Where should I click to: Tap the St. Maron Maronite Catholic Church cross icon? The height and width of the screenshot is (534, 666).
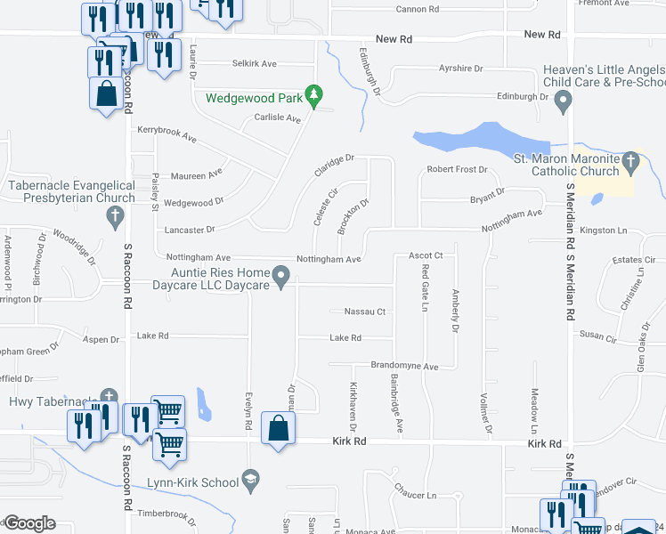[x=630, y=162]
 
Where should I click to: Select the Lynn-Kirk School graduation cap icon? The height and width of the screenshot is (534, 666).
[x=252, y=481]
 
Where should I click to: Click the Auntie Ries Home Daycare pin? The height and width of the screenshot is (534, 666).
[x=281, y=278]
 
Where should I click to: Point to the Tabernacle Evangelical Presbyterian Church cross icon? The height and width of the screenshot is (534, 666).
[x=115, y=215]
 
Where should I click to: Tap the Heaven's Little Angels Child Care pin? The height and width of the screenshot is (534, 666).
[x=562, y=103]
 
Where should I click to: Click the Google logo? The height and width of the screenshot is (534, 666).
[x=29, y=523]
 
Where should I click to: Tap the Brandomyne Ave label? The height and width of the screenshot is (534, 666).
[x=404, y=366]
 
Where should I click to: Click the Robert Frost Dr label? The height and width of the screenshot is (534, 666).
[x=458, y=169]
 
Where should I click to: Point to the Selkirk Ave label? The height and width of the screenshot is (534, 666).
[x=255, y=64]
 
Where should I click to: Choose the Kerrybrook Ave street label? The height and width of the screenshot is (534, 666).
[x=166, y=134]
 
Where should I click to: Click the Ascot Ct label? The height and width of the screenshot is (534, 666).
[x=426, y=255]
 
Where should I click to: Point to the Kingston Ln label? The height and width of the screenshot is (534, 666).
[x=603, y=231]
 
